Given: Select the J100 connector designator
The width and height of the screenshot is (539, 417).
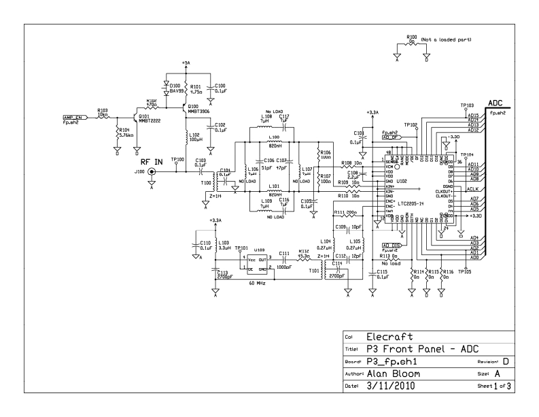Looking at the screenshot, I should coord(139,172).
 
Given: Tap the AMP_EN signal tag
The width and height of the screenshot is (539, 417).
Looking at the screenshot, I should coord(73,117).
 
